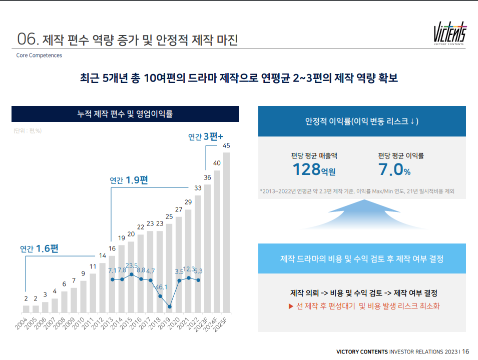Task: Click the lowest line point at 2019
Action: [x=170, y=306]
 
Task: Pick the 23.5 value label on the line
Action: [x=131, y=265]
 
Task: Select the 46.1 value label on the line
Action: [x=160, y=287]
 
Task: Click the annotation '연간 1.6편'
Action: [x=39, y=248]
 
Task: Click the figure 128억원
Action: [x=313, y=170]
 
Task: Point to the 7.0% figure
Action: [x=394, y=170]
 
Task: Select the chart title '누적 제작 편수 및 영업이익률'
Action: [x=125, y=114]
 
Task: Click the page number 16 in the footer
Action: [x=465, y=351]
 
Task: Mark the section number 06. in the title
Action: [x=28, y=39]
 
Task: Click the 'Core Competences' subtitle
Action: [x=39, y=55]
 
